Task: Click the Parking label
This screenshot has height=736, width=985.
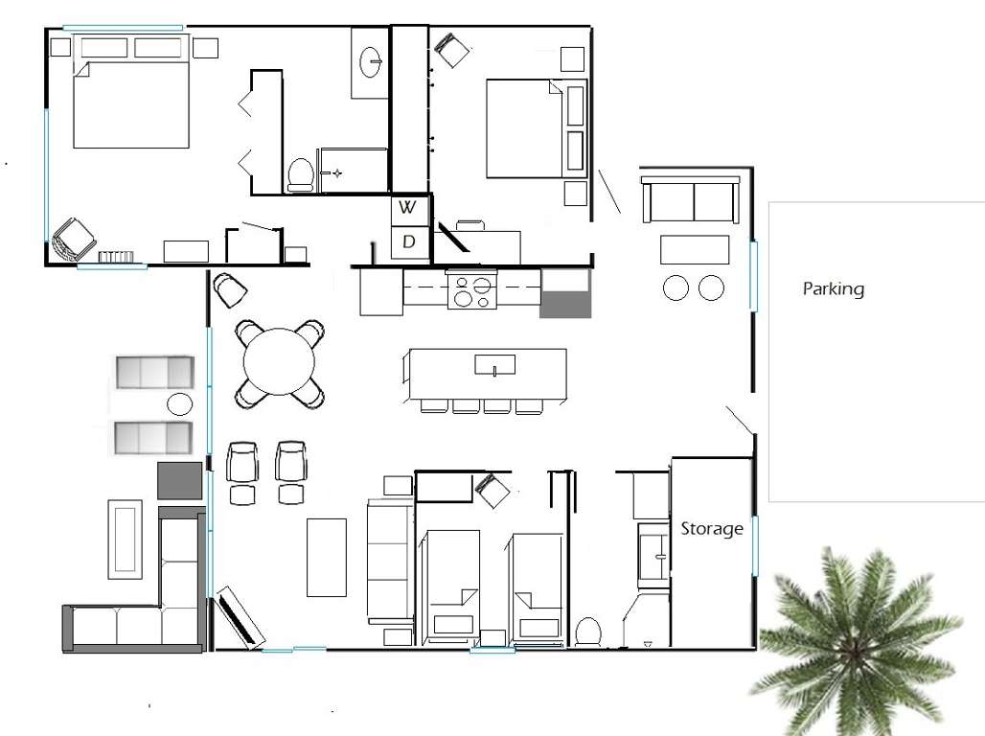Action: point(833,289)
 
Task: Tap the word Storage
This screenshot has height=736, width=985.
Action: point(712,529)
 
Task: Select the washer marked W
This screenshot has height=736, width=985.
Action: point(408,208)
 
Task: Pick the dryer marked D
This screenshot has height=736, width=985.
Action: point(408,242)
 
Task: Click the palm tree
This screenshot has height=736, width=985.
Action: point(858,641)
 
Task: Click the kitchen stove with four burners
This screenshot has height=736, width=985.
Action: point(471,290)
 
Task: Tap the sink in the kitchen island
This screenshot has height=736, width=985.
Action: point(495,364)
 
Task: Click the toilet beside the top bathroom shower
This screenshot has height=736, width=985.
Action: point(301,174)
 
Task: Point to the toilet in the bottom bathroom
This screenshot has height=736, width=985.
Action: point(588,632)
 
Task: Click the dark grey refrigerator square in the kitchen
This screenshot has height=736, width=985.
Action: point(565,304)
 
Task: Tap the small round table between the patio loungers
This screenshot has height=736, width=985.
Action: point(180,403)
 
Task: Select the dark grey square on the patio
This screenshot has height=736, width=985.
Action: point(180,481)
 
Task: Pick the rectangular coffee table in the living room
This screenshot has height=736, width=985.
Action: point(327,558)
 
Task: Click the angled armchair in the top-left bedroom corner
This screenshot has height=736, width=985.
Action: point(73,239)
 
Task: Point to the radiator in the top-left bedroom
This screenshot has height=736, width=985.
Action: point(116,257)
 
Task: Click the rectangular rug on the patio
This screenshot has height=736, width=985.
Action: point(125,540)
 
